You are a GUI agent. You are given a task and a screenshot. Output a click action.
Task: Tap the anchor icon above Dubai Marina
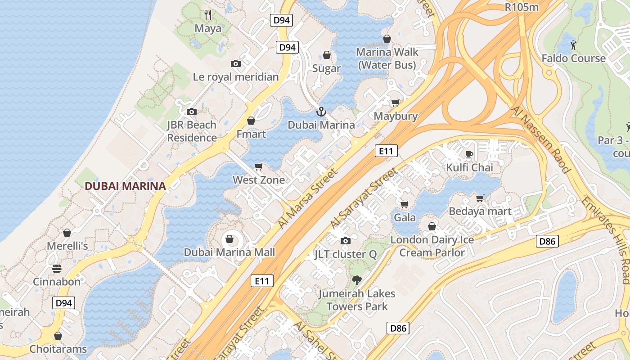pyautogui.click(x=321, y=112)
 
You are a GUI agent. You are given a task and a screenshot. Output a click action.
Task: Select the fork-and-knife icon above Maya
pyautogui.click(x=208, y=15)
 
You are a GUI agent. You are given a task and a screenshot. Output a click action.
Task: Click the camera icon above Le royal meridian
pyautogui.click(x=235, y=64)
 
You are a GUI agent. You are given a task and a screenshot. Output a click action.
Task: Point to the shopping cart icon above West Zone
pyautogui.click(x=259, y=167)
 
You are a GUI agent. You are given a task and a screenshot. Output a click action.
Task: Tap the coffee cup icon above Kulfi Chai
pyautogui.click(x=469, y=155)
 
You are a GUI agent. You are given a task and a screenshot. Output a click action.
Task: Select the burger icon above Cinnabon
pyautogui.click(x=57, y=269)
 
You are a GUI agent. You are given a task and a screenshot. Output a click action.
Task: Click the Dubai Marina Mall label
pyautogui.click(x=229, y=252)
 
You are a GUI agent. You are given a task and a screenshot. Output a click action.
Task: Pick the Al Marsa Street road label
pyautogui.click(x=307, y=198)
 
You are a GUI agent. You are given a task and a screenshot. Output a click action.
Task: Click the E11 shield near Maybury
pyautogui.click(x=386, y=151)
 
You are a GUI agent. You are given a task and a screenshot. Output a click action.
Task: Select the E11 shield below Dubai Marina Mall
pyautogui.click(x=262, y=281)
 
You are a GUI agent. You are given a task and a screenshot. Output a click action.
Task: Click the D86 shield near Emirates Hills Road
pyautogui.click(x=547, y=241)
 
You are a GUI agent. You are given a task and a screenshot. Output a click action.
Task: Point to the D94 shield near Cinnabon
pyautogui.click(x=63, y=303)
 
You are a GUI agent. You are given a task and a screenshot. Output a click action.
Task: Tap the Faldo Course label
pyautogui.click(x=573, y=58)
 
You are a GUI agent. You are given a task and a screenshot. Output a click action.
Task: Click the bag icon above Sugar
pyautogui.click(x=327, y=55)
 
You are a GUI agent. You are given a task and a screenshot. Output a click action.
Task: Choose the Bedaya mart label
pyautogui.click(x=480, y=211)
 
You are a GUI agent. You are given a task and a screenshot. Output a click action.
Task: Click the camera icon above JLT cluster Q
pyautogui.click(x=345, y=241)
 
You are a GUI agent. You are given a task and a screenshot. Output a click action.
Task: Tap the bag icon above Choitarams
pyautogui.click(x=58, y=336)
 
